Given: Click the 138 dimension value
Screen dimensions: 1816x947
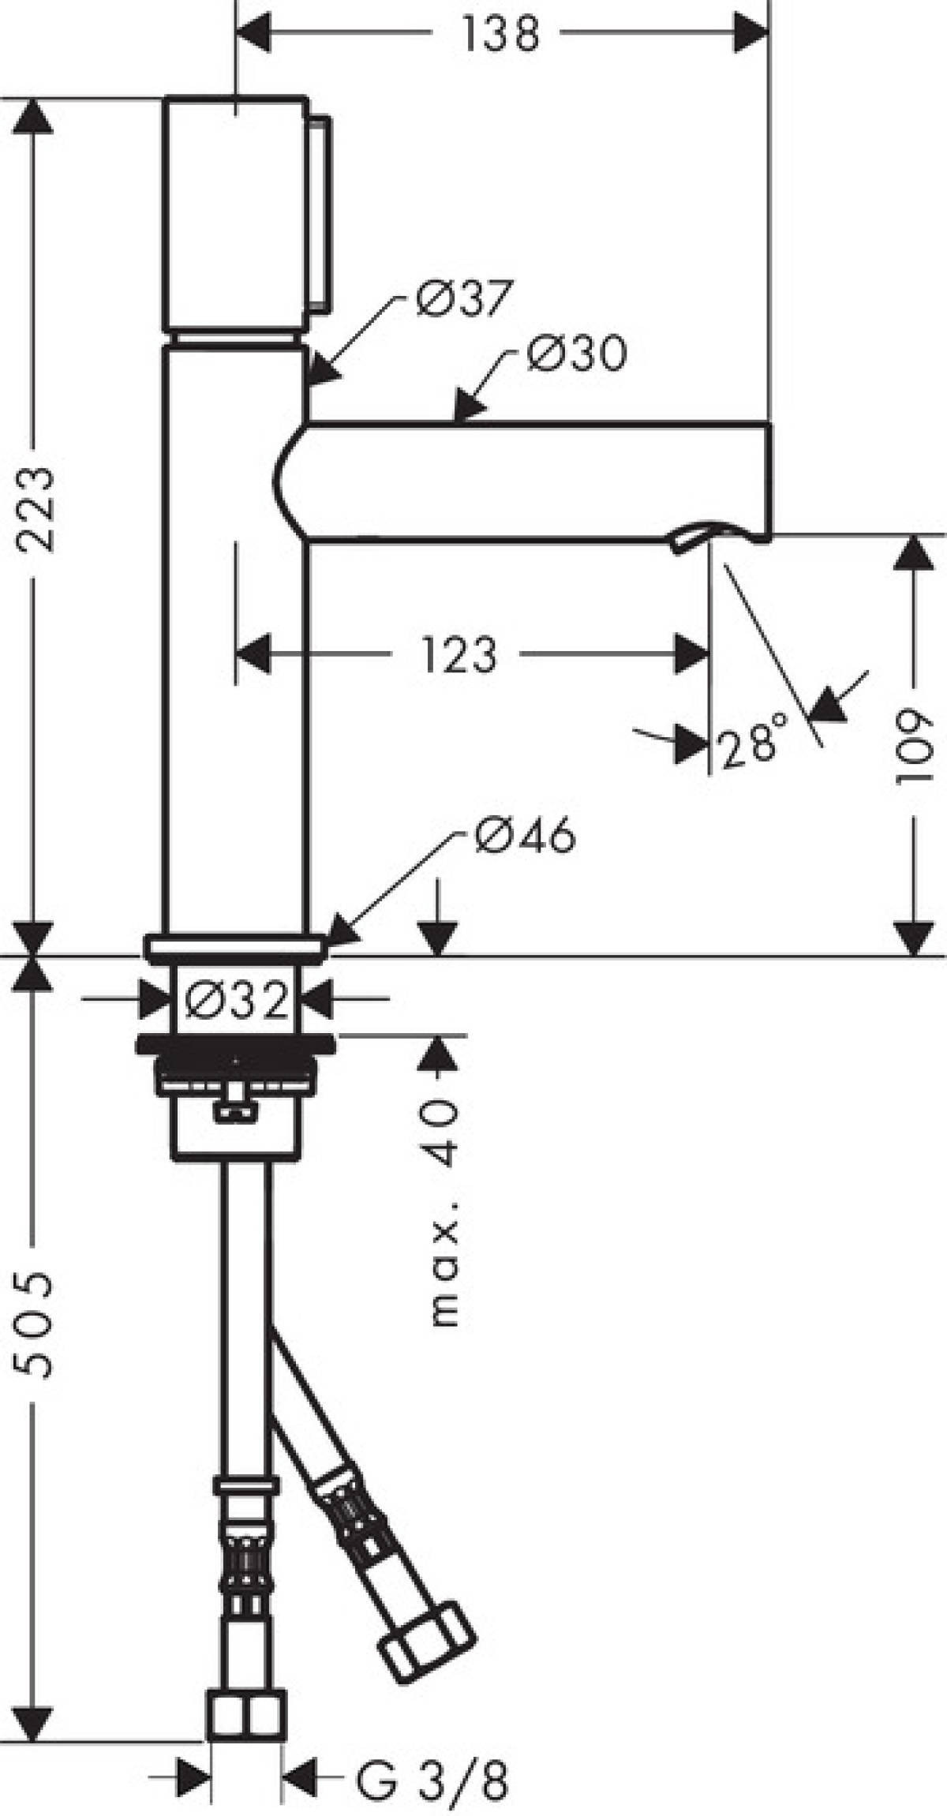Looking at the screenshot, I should click(500, 36).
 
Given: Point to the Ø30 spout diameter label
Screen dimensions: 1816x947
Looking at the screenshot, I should click(577, 354).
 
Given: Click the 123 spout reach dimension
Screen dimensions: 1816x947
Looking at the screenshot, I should click(460, 654).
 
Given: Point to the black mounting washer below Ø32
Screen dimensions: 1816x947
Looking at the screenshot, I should click(234, 1043).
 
